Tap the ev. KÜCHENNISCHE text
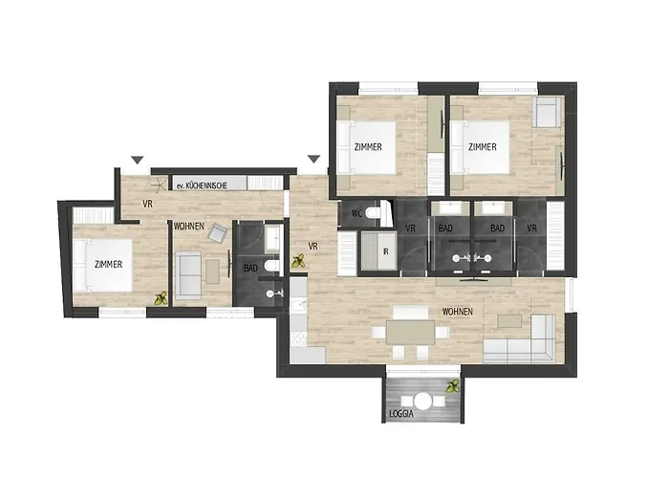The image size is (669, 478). tap(200, 185)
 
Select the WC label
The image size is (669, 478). tap(356, 212)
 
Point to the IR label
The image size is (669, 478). tap(384, 251)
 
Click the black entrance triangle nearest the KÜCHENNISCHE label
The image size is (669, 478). tap(138, 160)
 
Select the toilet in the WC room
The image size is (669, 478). tap(382, 211)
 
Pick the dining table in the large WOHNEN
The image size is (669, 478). tap(412, 332)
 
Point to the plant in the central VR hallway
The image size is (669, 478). tap(298, 257)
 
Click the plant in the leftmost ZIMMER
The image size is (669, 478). tap(161, 298)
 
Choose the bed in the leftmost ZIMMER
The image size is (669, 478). tap(99, 265)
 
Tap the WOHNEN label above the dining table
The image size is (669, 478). tap(458, 312)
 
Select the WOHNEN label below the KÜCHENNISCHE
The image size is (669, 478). tap(187, 227)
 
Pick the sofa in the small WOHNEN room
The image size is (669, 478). tap(187, 274)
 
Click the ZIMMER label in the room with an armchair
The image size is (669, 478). tap(483, 146)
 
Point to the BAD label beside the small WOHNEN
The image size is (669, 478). tap(251, 268)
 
